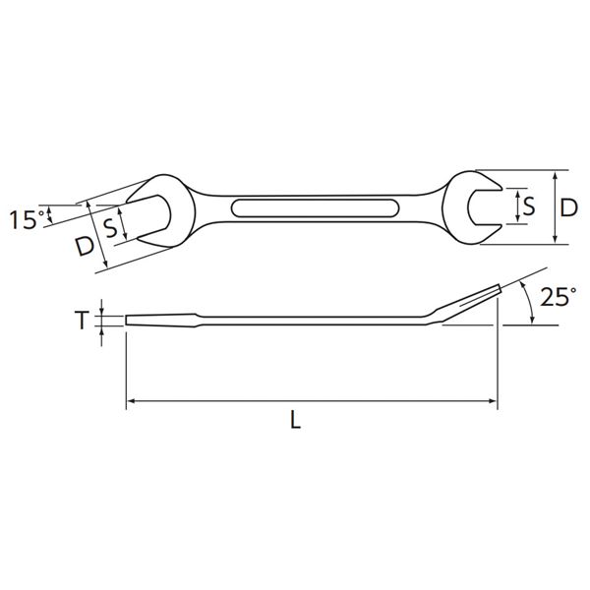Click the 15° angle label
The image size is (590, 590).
coord(29,219)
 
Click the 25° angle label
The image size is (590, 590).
coord(559,296)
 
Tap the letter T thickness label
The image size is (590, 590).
coord(82,321)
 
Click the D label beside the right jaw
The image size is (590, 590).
coord(568,207)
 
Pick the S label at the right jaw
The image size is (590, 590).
coord(529,206)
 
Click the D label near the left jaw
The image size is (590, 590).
coord(84,246)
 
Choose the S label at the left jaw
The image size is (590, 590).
coord(110,228)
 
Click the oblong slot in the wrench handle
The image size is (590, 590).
coord(315,207)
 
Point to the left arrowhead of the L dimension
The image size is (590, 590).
coord(130,401)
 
